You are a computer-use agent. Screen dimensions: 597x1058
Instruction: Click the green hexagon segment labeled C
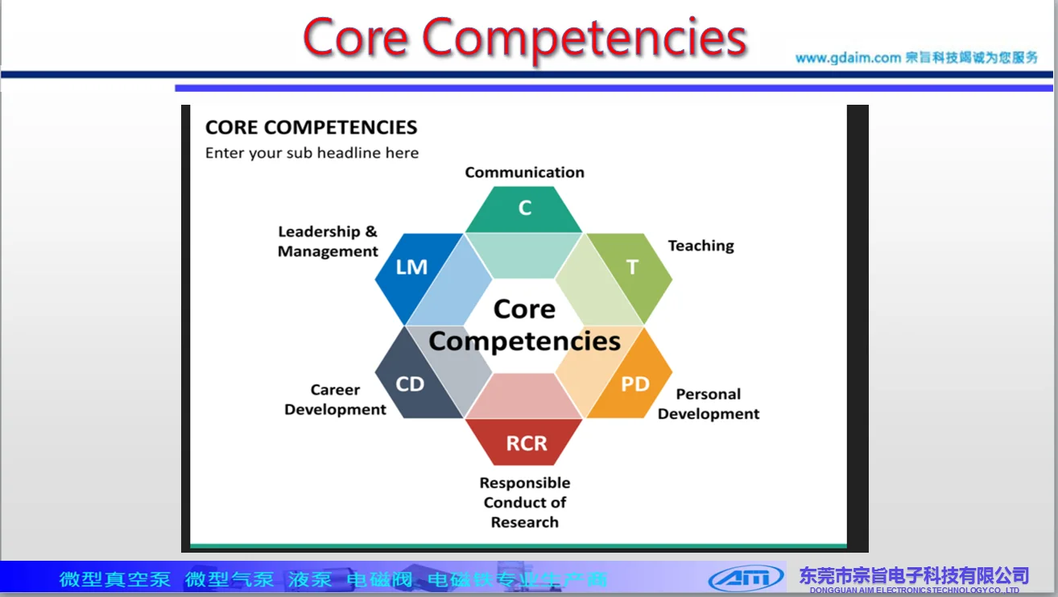pyautogui.click(x=524, y=209)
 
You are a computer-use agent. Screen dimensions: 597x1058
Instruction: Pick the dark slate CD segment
pyautogui.click(x=410, y=384)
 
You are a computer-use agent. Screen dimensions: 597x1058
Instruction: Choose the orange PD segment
pyautogui.click(x=635, y=384)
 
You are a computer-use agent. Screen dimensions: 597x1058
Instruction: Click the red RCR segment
pyautogui.click(x=526, y=443)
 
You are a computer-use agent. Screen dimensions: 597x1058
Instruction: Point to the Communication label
pyautogui.click(x=524, y=172)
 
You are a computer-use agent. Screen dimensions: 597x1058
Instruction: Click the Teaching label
pyautogui.click(x=701, y=246)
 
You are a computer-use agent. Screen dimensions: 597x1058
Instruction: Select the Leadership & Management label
pyautogui.click(x=328, y=242)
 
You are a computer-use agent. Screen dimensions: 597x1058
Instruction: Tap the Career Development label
pyautogui.click(x=335, y=400)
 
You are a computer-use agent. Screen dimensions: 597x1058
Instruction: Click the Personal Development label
pyautogui.click(x=709, y=404)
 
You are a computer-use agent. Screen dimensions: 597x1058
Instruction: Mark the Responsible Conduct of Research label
pyautogui.click(x=525, y=502)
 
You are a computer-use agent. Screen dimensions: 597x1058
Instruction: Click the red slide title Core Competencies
pyautogui.click(x=525, y=37)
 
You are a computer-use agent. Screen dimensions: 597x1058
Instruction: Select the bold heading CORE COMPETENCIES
pyautogui.click(x=311, y=127)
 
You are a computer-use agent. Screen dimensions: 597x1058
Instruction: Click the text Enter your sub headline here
pyautogui.click(x=312, y=153)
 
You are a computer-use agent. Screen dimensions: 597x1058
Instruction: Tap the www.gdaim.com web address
pyautogui.click(x=847, y=58)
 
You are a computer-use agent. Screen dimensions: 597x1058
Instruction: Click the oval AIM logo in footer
pyautogui.click(x=746, y=578)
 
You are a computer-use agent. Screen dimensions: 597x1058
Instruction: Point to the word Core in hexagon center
pyautogui.click(x=524, y=309)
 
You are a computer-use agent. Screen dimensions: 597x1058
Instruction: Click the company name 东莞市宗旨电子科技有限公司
pyautogui.click(x=914, y=575)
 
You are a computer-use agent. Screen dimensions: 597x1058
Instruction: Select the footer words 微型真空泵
pyautogui.click(x=114, y=579)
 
